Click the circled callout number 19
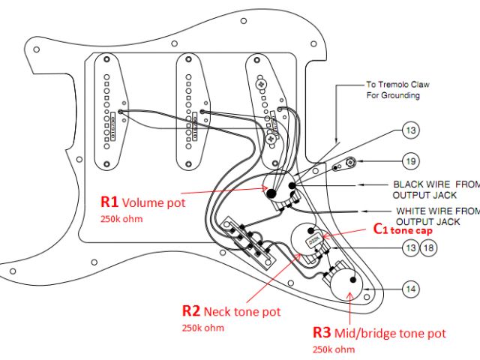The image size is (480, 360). coord(410,161)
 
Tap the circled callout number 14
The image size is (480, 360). coord(410,288)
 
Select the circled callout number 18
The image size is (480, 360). coord(427,247)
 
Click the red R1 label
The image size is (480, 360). coord(109,202)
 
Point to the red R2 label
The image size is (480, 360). coord(191,310)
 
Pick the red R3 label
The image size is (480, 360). coord(323,332)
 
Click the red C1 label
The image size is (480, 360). coord(381,230)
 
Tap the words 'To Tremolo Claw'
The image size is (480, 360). coord(394,85)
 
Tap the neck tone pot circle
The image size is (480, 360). coord(307,241)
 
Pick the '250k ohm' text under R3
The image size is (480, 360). coord(333,349)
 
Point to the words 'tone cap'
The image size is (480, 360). coord(415,231)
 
